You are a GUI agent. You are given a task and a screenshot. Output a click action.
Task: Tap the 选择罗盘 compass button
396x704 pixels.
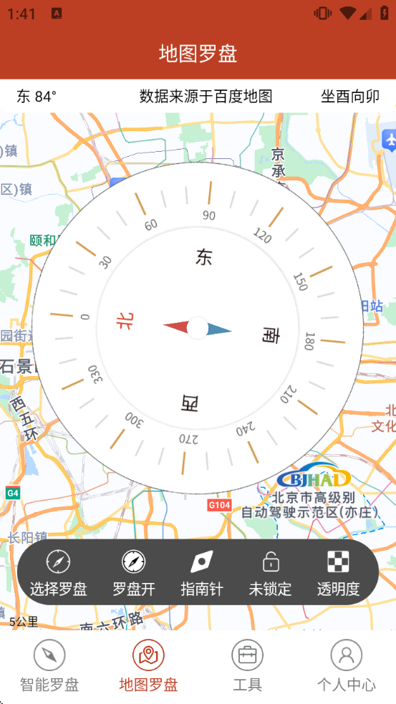pyautogui.click(x=58, y=572)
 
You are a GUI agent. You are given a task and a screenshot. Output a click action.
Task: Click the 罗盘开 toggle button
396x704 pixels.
pyautogui.click(x=134, y=572)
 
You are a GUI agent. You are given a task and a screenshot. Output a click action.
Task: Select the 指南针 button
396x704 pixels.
pyautogui.click(x=202, y=572)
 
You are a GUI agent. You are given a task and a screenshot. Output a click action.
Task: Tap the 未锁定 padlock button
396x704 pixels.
pyautogui.click(x=270, y=572)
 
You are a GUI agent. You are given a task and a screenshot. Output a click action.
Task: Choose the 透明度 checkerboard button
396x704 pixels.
pyautogui.click(x=338, y=572)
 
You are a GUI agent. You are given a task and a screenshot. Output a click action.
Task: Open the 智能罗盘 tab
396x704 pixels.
pyautogui.click(x=49, y=665)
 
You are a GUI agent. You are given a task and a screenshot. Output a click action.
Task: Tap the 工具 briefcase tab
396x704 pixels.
pyautogui.click(x=247, y=665)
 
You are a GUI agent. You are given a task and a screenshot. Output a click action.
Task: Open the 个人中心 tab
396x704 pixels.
pyautogui.click(x=346, y=665)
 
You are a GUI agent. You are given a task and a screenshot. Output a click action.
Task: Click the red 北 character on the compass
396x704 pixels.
pyautogui.click(x=125, y=322)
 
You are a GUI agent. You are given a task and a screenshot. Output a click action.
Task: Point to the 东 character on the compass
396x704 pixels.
pyautogui.click(x=204, y=257)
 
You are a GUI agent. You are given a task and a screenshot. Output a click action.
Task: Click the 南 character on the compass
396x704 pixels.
pyautogui.click(x=270, y=334)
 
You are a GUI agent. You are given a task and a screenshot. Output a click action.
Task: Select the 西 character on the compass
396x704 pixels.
pyautogui.click(x=189, y=403)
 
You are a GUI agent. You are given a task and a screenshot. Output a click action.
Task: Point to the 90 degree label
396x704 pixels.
pyautogui.click(x=209, y=216)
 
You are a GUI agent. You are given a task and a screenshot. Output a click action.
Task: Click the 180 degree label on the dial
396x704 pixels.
pyautogui.click(x=309, y=341)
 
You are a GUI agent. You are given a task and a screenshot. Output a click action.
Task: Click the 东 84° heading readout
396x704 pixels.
pyautogui.click(x=37, y=97)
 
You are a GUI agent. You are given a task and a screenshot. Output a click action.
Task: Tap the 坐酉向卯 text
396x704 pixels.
pyautogui.click(x=349, y=97)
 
